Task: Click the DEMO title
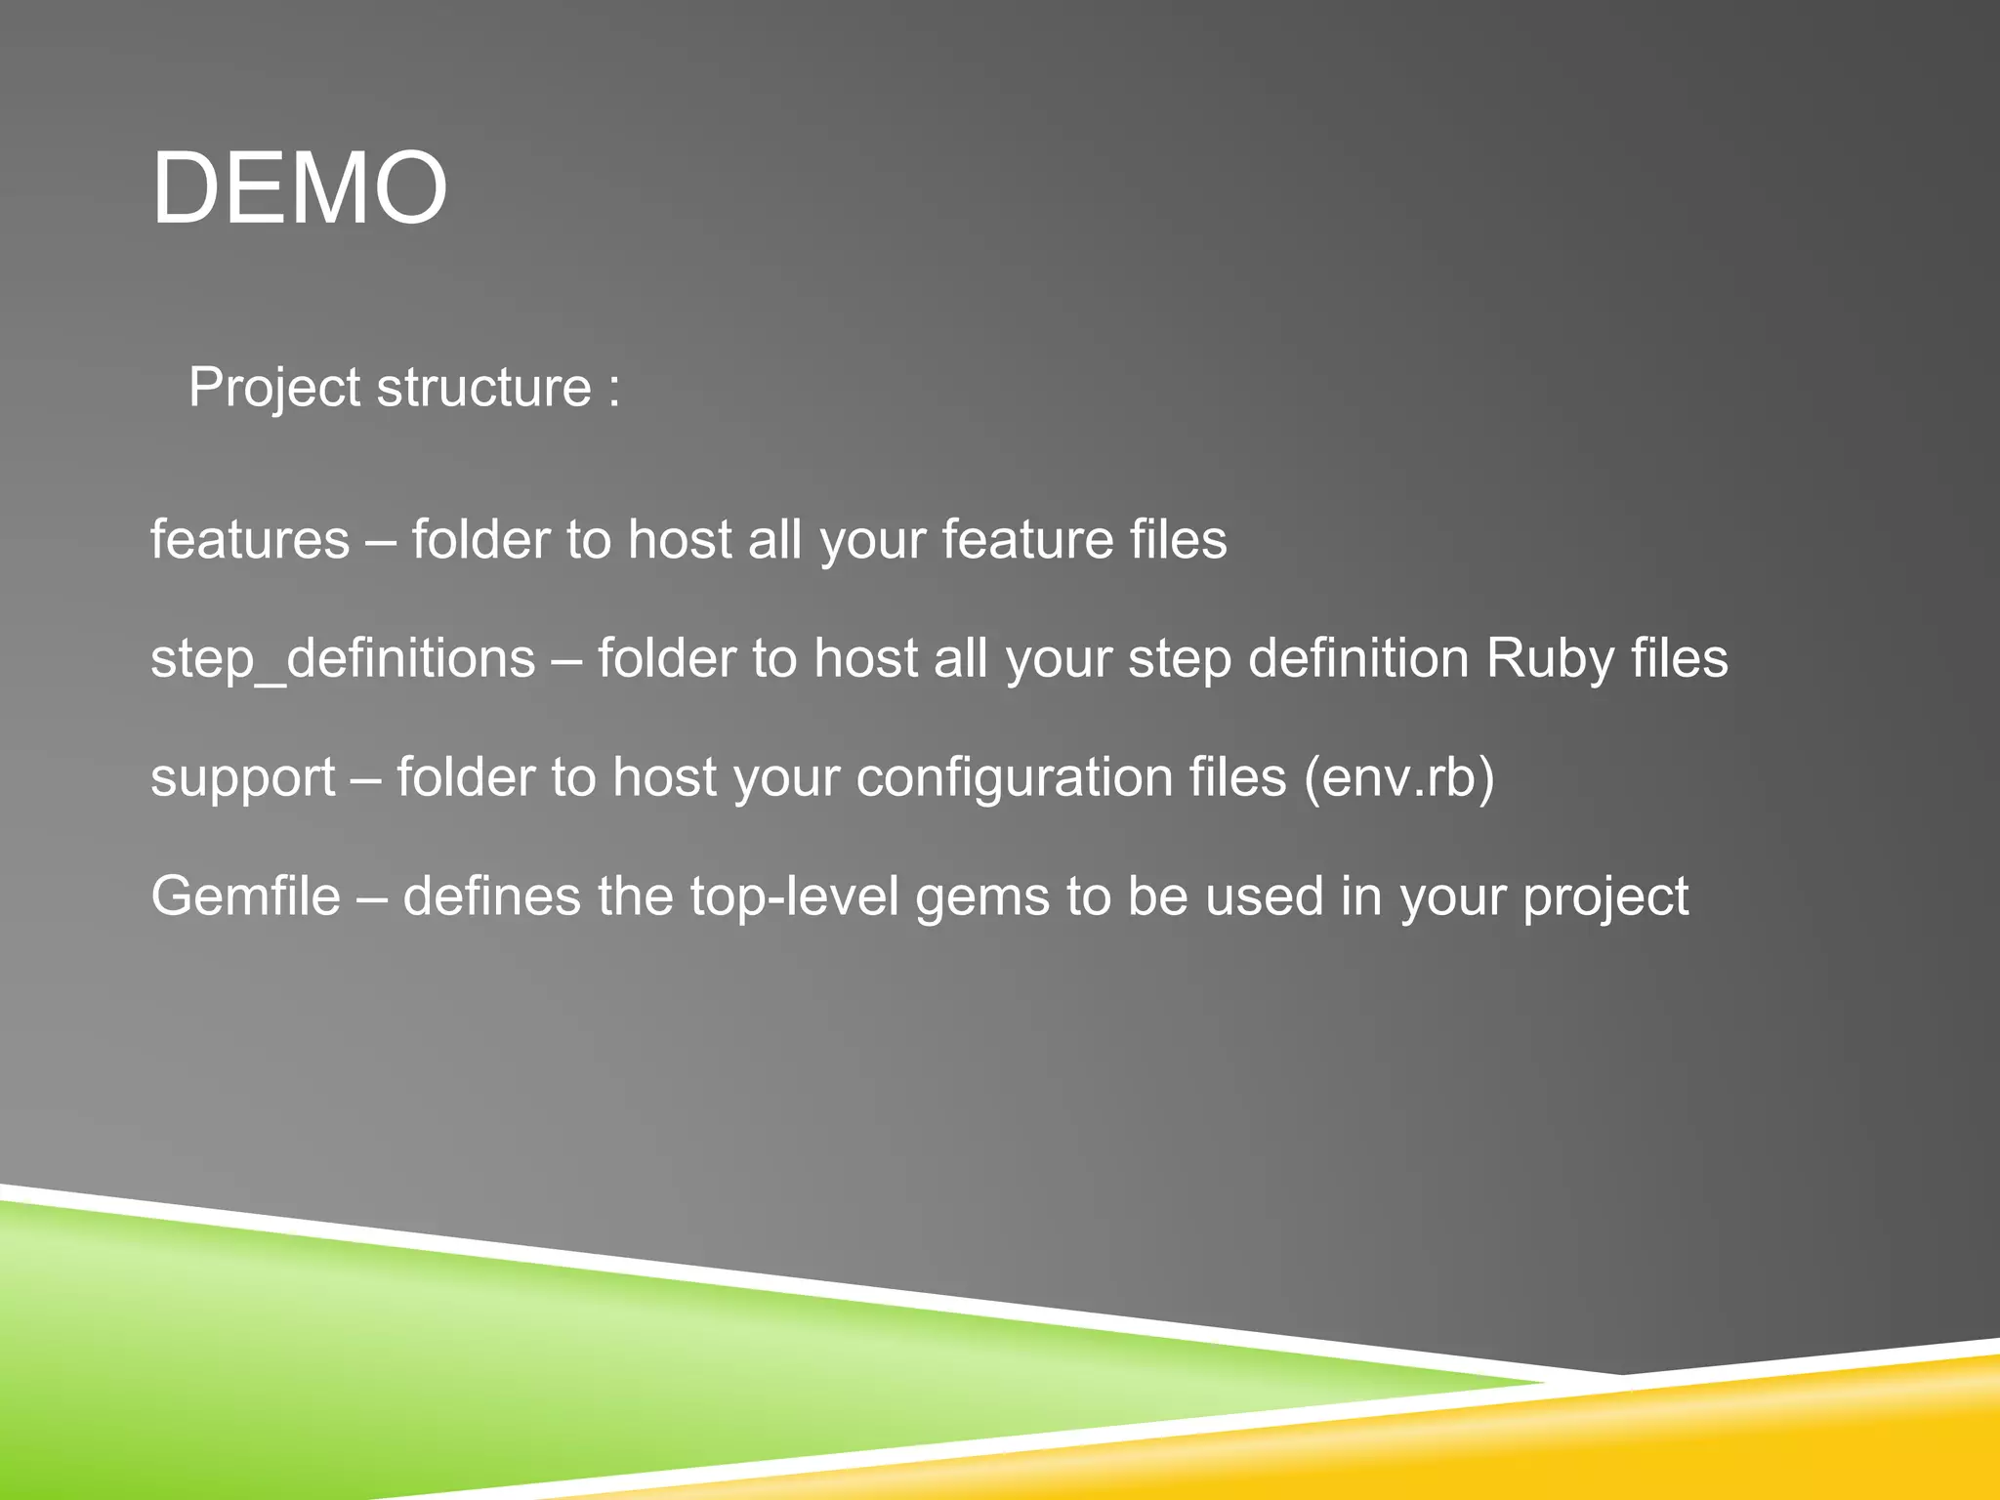pyautogui.click(x=299, y=188)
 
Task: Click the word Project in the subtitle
pyautogui.click(x=274, y=389)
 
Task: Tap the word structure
pyautogui.click(x=484, y=388)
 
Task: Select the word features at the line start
pyautogui.click(x=250, y=540)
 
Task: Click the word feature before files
pyautogui.click(x=1027, y=540)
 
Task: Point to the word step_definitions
pyautogui.click(x=343, y=659)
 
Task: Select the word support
pyautogui.click(x=243, y=779)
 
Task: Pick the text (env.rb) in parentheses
pyautogui.click(x=1398, y=778)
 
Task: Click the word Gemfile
pyautogui.click(x=245, y=896)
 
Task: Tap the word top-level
pyautogui.click(x=794, y=896)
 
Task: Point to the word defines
pyautogui.click(x=491, y=896)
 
